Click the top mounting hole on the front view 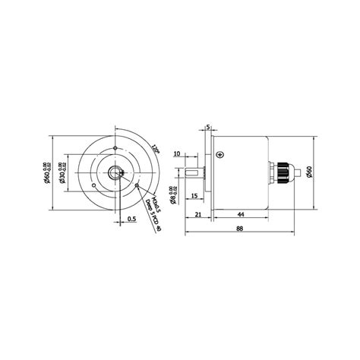112,148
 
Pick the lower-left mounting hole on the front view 93,185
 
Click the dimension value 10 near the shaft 177,153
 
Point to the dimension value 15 194,197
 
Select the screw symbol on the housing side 219,155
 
